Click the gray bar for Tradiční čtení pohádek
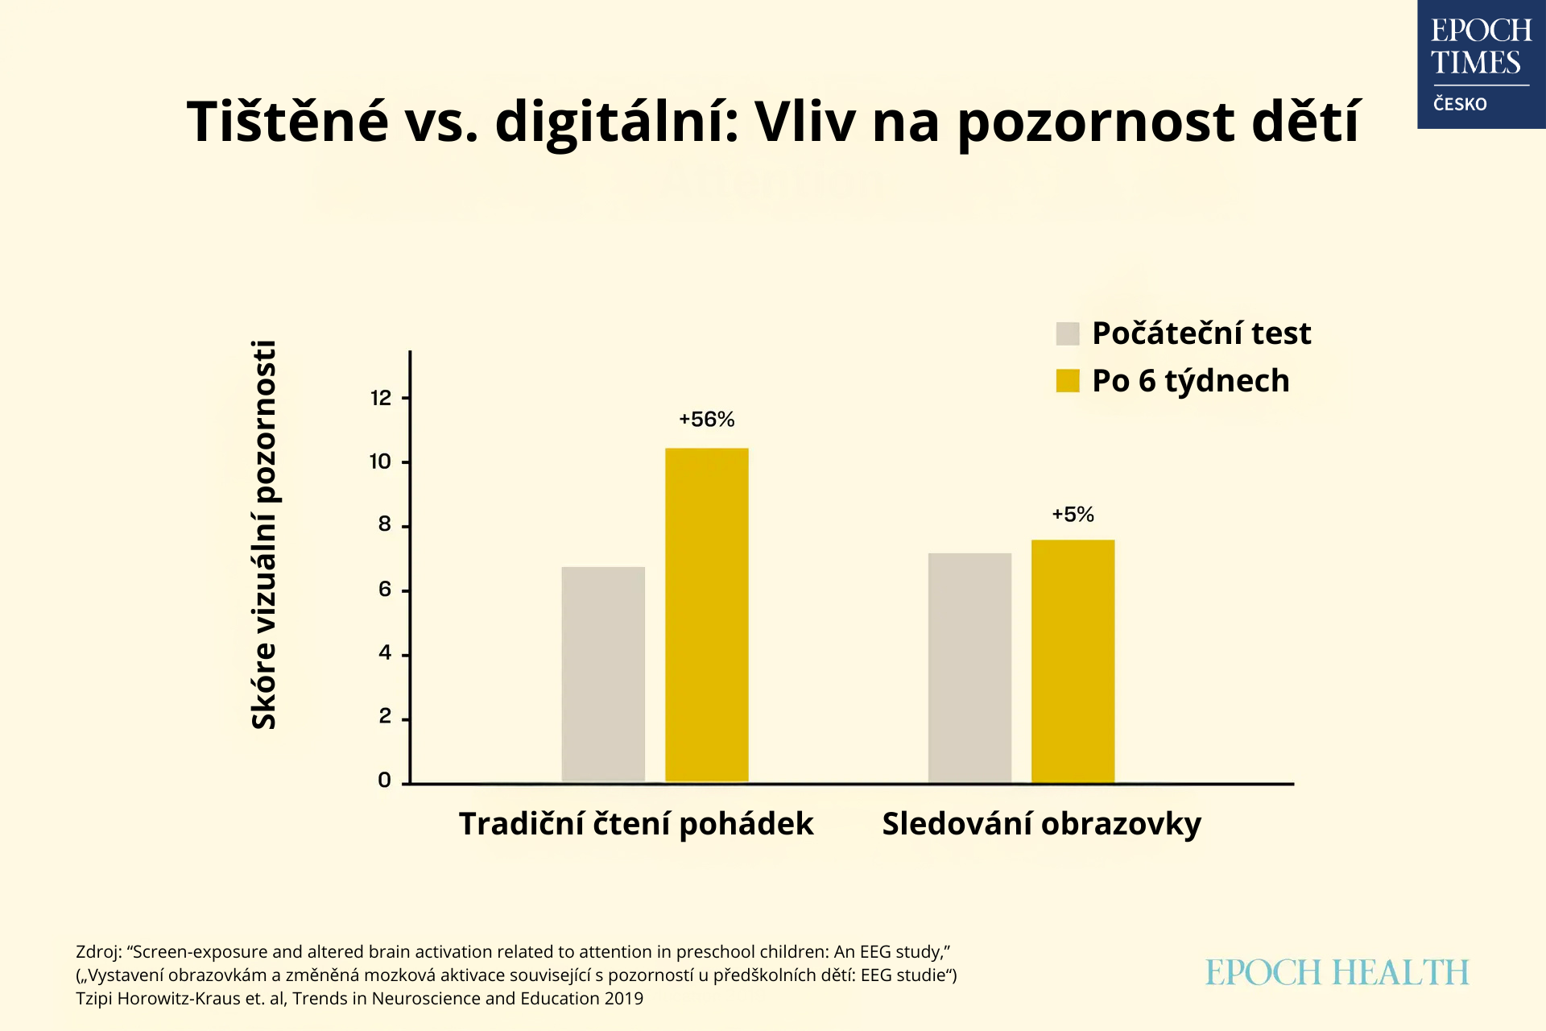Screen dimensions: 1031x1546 coord(603,674)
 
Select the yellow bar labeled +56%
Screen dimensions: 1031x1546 coord(706,615)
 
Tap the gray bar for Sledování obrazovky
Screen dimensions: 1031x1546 coord(969,668)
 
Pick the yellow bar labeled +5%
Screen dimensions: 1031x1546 coord(1073,660)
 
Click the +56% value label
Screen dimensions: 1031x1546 coord(706,420)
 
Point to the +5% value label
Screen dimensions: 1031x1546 coord(1073,515)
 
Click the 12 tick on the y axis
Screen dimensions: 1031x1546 coord(381,398)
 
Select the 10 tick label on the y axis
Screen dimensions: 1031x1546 coord(380,462)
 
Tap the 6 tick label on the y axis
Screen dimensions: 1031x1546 coord(384,590)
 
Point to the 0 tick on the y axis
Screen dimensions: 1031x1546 coord(384,780)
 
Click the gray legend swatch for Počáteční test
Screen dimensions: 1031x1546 coord(1067,333)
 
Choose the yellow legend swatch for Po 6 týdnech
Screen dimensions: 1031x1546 coord(1067,381)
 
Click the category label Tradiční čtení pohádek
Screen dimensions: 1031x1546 coord(636,824)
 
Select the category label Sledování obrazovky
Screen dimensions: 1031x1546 coord(1041,824)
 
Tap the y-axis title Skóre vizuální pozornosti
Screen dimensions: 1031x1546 coord(264,535)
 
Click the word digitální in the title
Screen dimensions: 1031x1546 coord(617,122)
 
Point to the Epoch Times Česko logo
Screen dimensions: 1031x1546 coord(1481,64)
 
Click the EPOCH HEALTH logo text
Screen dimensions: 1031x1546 coord(1337,973)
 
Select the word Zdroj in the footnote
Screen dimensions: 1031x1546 coord(97,952)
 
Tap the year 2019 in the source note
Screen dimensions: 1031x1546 coord(624,999)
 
